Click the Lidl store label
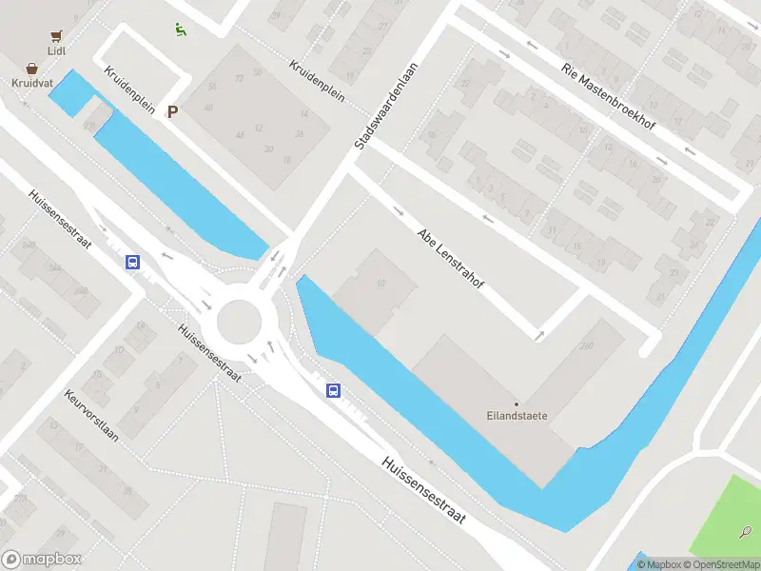[56, 50]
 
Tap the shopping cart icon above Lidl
[56, 35]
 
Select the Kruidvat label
[32, 83]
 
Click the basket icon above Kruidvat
[32, 69]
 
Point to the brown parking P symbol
[172, 111]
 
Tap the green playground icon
[180, 29]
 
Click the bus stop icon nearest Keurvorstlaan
[133, 262]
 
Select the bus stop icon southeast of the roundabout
[334, 389]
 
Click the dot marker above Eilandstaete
[517, 404]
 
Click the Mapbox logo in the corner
[42, 559]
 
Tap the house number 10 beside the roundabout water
[381, 284]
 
